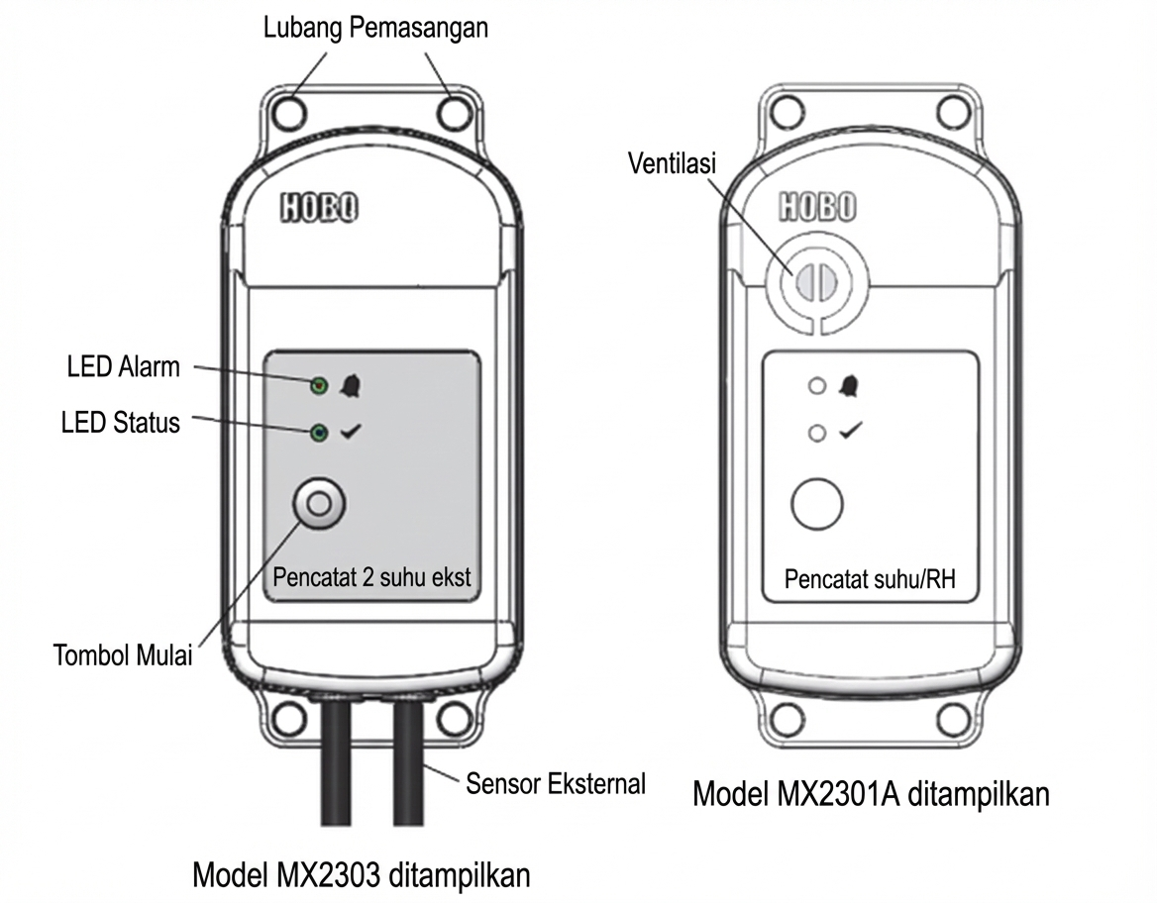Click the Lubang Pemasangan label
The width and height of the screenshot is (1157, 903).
pyautogui.click(x=375, y=28)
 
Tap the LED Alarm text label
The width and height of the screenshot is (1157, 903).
pyautogui.click(x=124, y=366)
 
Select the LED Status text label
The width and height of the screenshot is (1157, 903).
pyautogui.click(x=121, y=423)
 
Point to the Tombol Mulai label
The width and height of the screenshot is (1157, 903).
pyautogui.click(x=122, y=655)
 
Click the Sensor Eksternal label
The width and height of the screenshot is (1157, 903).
pyautogui.click(x=556, y=784)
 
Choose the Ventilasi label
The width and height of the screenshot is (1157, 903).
pyautogui.click(x=672, y=162)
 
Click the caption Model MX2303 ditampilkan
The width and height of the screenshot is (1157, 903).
pyautogui.click(x=362, y=875)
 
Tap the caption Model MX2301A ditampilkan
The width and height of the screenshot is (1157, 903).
pyautogui.click(x=871, y=794)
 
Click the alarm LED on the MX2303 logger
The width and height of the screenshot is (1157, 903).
pyautogui.click(x=319, y=385)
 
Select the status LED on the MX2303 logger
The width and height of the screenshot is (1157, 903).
pyautogui.click(x=319, y=433)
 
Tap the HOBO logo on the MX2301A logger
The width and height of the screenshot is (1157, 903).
pyautogui.click(x=816, y=207)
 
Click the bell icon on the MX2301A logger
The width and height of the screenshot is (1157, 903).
pyautogui.click(x=849, y=386)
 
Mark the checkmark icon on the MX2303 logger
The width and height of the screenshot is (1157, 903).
pyautogui.click(x=351, y=433)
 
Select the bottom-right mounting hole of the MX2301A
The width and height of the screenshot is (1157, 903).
pyautogui.click(x=952, y=717)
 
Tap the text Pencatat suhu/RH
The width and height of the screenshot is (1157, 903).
pyautogui.click(x=870, y=579)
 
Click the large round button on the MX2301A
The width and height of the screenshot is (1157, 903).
pyautogui.click(x=817, y=504)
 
